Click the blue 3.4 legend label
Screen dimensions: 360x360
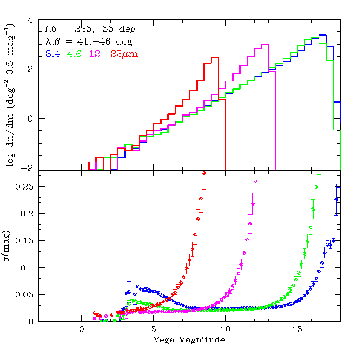pos(52,54)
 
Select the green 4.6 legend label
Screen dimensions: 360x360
pos(74,54)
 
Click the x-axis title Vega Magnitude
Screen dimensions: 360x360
pos(189,339)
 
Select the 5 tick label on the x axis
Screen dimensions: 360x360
pos(153,329)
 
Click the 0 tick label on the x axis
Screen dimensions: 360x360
pos(81,329)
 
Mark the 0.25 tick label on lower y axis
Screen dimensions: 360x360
pos(24,187)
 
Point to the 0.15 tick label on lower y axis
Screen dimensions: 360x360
pos(24,241)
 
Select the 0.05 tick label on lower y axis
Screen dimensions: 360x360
pos(24,295)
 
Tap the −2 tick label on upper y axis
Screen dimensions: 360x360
pos(28,168)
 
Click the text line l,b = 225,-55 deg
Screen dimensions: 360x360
pos(90,30)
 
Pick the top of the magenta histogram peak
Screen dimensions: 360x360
pos(265,45)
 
